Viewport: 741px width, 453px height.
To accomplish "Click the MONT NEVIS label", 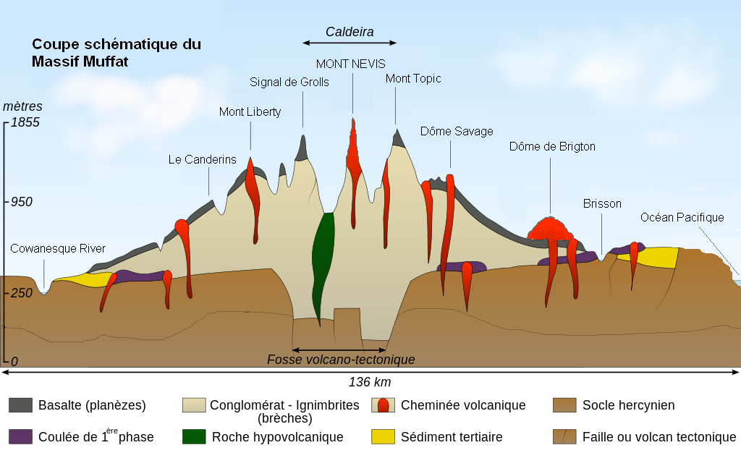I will pyautogui.click(x=351, y=64).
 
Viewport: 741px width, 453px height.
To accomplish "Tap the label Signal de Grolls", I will pyautogui.click(x=289, y=82).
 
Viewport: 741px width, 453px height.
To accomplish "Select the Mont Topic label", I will pyautogui.click(x=413, y=78).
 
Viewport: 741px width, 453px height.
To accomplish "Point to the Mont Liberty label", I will pyautogui.click(x=250, y=112).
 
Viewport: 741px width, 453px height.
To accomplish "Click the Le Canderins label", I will pyautogui.click(x=203, y=159).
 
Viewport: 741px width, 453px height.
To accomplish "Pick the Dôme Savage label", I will pyautogui.click(x=457, y=131).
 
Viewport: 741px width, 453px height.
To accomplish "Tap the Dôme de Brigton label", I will pyautogui.click(x=552, y=146).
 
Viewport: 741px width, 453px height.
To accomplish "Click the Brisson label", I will pyautogui.click(x=602, y=203).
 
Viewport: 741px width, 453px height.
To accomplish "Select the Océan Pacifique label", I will pyautogui.click(x=682, y=217).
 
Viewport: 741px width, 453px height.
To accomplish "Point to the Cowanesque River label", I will pyautogui.click(x=58, y=249).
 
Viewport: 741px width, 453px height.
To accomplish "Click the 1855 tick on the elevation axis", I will pyautogui.click(x=25, y=122).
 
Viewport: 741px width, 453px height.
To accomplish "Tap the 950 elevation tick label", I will pyautogui.click(x=21, y=202).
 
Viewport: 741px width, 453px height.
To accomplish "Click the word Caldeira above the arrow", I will pyautogui.click(x=350, y=31).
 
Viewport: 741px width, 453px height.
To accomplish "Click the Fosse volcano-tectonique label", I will pyautogui.click(x=341, y=360).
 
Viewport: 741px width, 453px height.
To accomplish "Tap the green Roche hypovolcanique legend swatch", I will pyautogui.click(x=194, y=436).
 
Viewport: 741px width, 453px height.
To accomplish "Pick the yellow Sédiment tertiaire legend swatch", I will pyautogui.click(x=382, y=436).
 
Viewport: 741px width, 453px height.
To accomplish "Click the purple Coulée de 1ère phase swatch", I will pyautogui.click(x=20, y=436).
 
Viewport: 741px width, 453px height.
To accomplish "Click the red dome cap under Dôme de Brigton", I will pyautogui.click(x=551, y=228).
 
